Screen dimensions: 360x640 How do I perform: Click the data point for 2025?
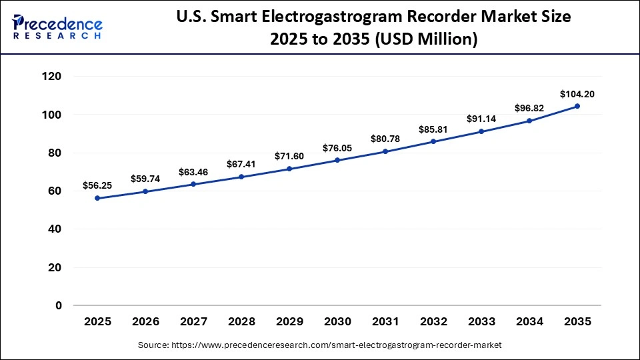tap(97, 198)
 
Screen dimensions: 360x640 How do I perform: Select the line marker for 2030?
tap(337, 160)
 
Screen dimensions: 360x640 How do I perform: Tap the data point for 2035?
tap(577, 106)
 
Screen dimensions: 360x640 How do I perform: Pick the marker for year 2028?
tap(241, 177)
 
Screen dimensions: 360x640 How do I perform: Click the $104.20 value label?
tap(577, 94)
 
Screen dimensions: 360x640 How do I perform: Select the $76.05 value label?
tap(337, 148)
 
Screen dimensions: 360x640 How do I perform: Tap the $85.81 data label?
tap(433, 129)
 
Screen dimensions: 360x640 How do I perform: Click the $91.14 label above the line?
tap(481, 119)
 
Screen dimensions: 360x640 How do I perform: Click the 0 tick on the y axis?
tap(58, 305)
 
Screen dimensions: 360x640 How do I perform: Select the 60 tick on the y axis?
tap(55, 191)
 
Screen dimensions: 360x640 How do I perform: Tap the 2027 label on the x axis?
tap(193, 321)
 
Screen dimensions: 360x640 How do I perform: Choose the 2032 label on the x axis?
tap(433, 321)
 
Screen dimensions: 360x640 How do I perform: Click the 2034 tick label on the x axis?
tap(529, 321)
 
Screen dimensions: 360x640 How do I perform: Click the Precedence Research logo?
tap(57, 27)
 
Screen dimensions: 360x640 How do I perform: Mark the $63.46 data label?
tap(193, 172)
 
